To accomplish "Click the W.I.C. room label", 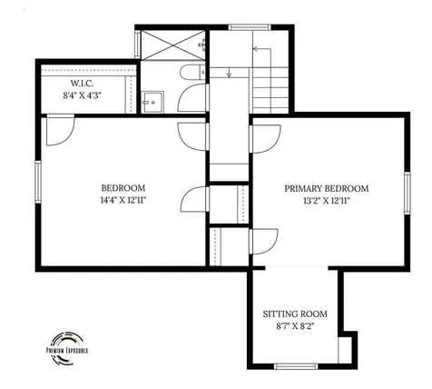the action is click(82, 83).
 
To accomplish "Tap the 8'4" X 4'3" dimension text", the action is click(82, 95).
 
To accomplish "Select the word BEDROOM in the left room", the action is click(123, 188).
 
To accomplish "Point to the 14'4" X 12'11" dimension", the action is click(123, 200).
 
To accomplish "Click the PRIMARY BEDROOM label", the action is click(327, 189).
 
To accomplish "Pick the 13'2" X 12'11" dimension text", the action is click(327, 201).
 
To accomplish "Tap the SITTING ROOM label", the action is click(295, 314).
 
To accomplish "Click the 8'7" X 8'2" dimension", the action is click(295, 326).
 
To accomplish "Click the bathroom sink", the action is click(152, 103).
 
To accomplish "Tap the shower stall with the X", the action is click(172, 45).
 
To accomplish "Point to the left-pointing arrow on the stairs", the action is click(262, 48).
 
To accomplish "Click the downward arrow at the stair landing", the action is click(229, 72).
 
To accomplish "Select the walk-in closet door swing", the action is click(60, 131).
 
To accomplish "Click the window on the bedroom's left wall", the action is click(38, 182).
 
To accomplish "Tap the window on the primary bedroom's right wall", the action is click(407, 193).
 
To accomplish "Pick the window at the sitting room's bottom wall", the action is click(296, 366).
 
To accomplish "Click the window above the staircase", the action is click(250, 27).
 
